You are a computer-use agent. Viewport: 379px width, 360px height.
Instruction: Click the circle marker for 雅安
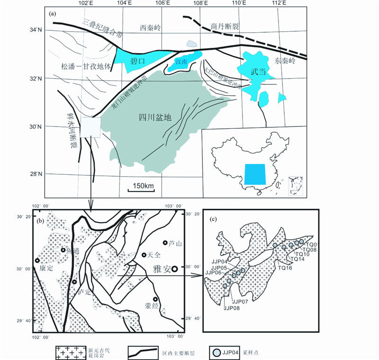pos(175,269)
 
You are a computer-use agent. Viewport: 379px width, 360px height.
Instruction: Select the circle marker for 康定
pos(37,261)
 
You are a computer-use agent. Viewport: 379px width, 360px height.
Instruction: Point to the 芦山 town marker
pos(165,243)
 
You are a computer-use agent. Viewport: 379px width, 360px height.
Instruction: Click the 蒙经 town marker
pos(155,298)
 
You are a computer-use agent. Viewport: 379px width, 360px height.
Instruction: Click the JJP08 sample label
pos(232,308)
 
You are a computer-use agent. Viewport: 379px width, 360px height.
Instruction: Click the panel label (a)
pos(53,13)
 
